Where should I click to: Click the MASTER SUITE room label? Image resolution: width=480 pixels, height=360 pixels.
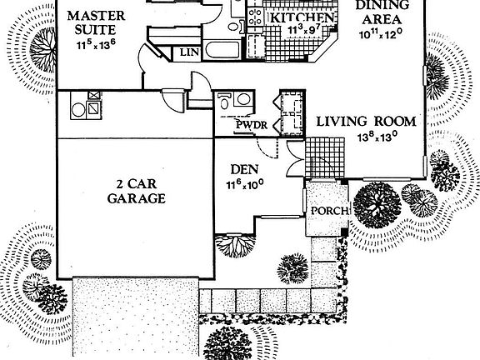96,22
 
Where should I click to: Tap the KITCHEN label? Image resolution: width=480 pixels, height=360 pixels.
302,17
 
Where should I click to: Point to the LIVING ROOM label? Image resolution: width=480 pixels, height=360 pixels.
366,122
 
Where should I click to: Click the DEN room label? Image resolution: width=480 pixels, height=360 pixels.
244,170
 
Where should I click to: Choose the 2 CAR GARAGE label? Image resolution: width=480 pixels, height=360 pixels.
136,192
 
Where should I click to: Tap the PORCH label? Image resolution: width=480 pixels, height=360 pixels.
329,211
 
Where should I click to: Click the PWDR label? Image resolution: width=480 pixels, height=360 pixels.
252,125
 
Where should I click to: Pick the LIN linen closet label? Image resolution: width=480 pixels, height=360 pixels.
189,52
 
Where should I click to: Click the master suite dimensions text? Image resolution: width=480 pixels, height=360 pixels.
96,45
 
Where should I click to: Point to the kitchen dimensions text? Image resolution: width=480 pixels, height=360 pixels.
304,29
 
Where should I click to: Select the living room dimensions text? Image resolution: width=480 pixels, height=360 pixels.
377,137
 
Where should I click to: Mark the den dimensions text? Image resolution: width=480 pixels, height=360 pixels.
245,184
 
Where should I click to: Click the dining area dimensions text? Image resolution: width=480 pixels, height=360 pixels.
381,33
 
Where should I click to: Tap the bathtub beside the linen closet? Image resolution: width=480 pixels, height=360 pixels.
222,49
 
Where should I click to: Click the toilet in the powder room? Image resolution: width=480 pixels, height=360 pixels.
224,102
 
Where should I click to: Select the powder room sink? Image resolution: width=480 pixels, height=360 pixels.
243,99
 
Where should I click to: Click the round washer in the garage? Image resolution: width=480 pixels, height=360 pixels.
78,110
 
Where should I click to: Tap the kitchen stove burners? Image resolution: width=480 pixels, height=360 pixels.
255,17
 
